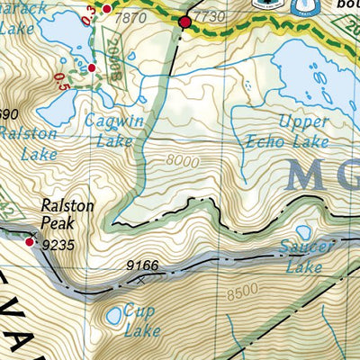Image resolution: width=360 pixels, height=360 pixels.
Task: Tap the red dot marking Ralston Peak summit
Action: point(31,241)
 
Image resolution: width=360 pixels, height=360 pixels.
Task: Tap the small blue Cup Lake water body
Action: point(114,316)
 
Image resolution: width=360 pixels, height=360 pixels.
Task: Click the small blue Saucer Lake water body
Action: point(303,233)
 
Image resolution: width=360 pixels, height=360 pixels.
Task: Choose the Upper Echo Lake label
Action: point(280,131)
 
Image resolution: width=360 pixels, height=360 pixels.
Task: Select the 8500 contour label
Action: point(240,292)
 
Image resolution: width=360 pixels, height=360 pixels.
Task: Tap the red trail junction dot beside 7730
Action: point(185,22)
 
